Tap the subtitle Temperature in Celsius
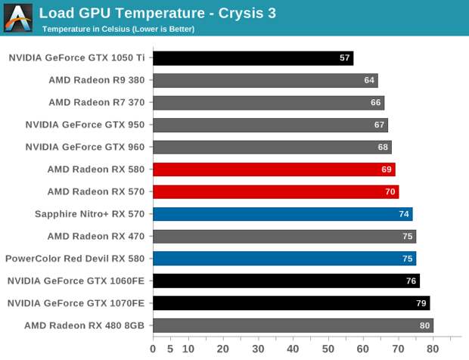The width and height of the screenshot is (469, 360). pyautogui.click(x=118, y=29)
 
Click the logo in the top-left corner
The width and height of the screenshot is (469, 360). pyautogui.click(x=18, y=17)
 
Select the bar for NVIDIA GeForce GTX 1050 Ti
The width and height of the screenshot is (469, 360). pyautogui.click(x=253, y=58)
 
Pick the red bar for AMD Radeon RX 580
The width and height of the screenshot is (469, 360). pyautogui.click(x=274, y=169)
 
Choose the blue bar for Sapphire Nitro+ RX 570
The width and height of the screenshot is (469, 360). pyautogui.click(x=282, y=214)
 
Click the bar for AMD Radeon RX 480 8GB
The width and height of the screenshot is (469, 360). pyautogui.click(x=293, y=325)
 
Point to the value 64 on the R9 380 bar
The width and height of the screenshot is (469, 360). pyautogui.click(x=369, y=80)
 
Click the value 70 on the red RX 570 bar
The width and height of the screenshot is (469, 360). pyautogui.click(x=390, y=192)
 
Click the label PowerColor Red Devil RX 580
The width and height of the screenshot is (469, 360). pyautogui.click(x=75, y=259)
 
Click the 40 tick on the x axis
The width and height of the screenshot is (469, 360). pyautogui.click(x=293, y=349)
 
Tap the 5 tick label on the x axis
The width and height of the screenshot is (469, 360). pyautogui.click(x=170, y=349)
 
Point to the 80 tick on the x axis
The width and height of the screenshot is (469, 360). pyautogui.click(x=433, y=349)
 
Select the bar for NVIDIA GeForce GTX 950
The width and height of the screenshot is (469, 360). pyautogui.click(x=270, y=125)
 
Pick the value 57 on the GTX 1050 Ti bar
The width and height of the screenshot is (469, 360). pyautogui.click(x=345, y=58)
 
